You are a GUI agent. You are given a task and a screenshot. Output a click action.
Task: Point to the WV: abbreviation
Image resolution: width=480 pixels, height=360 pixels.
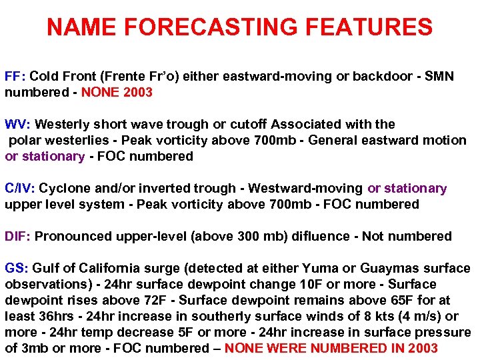tap(18, 125)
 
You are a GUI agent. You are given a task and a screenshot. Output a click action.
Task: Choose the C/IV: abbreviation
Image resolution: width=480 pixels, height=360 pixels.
tap(20, 189)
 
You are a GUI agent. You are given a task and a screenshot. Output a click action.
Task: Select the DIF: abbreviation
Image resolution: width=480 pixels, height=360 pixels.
tap(18, 237)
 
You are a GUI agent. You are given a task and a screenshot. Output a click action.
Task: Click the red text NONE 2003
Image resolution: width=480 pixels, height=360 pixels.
tap(117, 93)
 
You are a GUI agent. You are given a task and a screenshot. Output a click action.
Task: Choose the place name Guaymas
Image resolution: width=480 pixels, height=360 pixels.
tap(389, 269)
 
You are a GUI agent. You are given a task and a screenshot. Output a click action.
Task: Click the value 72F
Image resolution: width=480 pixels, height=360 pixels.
tap(160, 301)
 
